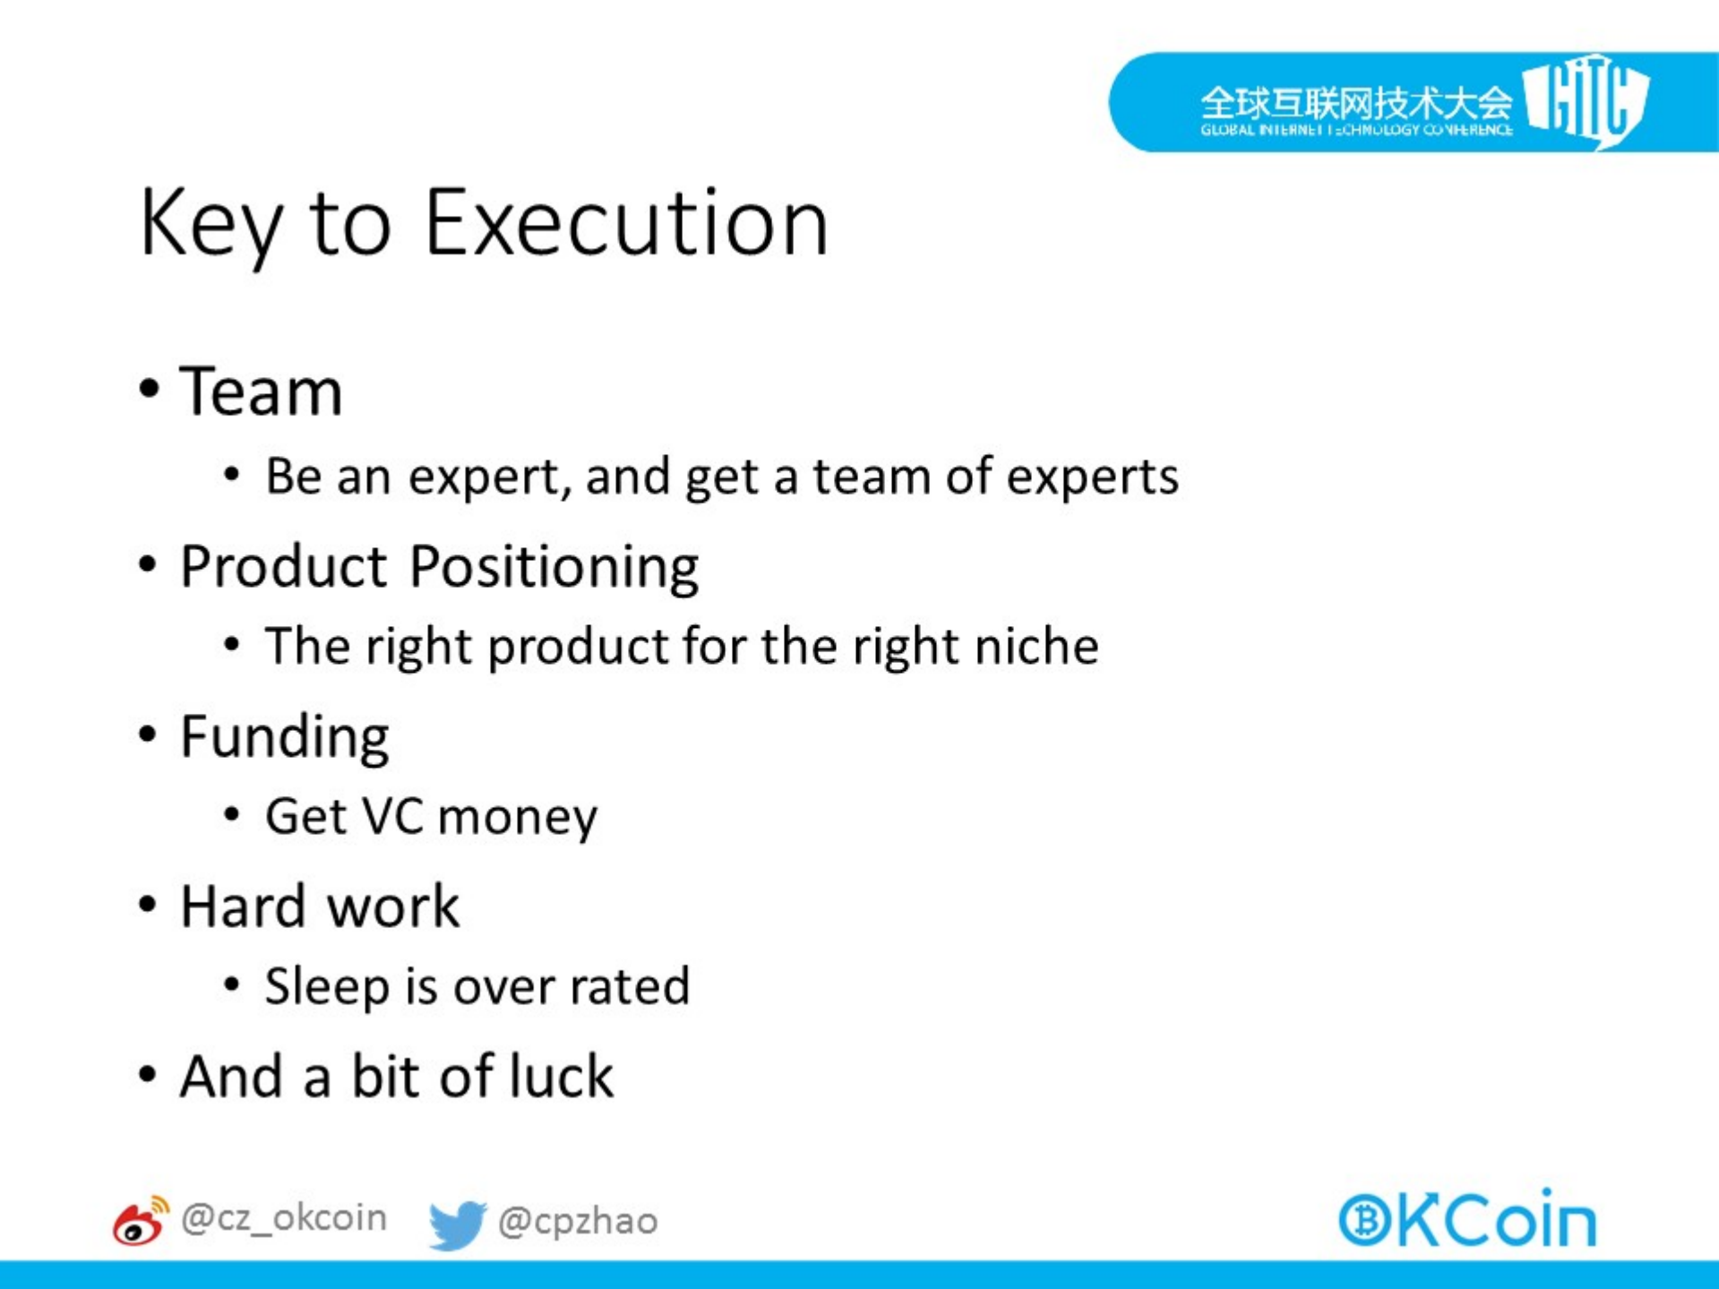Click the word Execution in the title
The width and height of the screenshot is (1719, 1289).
626,223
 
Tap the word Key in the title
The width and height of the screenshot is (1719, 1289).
211,228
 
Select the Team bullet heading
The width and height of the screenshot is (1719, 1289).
261,391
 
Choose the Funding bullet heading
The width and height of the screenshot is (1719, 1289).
285,739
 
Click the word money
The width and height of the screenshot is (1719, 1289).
518,819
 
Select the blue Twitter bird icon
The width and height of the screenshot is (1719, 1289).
457,1225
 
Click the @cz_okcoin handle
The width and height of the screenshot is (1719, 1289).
284,1219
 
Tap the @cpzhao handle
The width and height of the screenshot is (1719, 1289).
578,1222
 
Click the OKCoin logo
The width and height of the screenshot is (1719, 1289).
1467,1219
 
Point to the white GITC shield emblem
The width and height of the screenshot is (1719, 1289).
1586,101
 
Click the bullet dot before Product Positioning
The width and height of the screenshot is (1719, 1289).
149,566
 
